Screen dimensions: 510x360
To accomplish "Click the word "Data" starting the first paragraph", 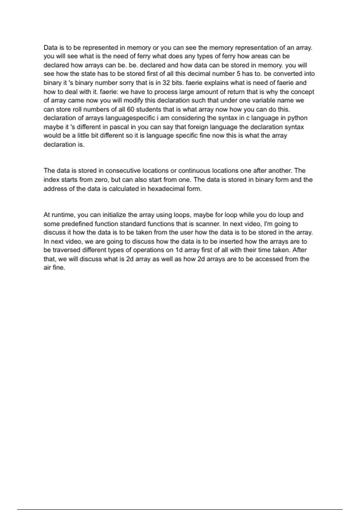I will click(x=50, y=48).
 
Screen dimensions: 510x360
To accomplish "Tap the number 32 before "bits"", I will click(x=166, y=83).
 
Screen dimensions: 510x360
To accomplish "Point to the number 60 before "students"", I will click(x=131, y=109).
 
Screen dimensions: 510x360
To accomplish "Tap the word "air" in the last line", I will click(x=47, y=268).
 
